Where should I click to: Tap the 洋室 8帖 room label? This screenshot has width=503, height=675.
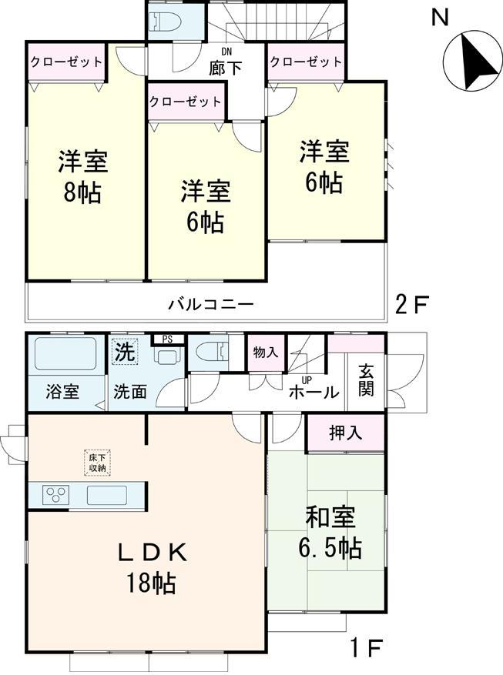click(82, 177)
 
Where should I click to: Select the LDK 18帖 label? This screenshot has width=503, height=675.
click(152, 568)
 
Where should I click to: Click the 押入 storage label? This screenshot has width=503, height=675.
click(345, 433)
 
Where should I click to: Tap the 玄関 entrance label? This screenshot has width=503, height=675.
click(366, 381)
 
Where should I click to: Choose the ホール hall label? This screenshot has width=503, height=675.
click(314, 393)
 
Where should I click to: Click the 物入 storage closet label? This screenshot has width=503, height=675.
click(266, 352)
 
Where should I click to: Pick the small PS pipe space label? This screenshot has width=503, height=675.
click(166, 339)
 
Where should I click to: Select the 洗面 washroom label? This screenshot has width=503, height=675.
click(130, 392)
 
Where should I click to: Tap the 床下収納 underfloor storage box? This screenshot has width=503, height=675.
click(96, 463)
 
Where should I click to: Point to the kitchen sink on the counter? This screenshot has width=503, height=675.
click(112, 494)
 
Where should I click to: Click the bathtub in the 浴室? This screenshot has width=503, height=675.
click(65, 355)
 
